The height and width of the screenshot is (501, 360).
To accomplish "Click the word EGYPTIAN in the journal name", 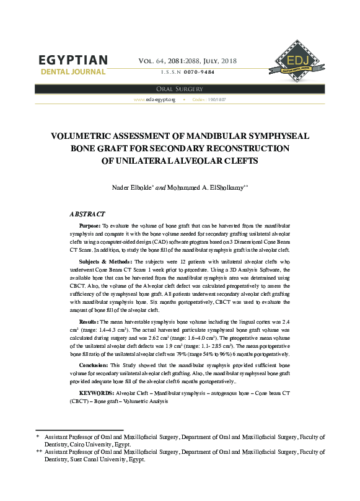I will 73,60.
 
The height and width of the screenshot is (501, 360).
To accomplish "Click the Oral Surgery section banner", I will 180,89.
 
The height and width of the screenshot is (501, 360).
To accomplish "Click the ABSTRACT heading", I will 87,213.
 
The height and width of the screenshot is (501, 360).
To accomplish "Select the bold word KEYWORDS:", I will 97,393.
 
